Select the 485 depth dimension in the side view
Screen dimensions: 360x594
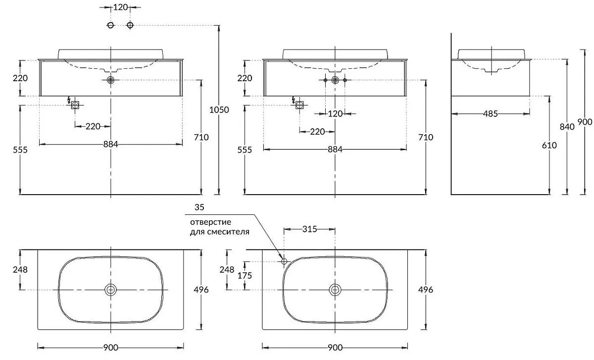[490, 114]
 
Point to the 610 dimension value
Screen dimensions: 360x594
[549, 145]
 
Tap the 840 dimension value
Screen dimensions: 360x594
[567, 127]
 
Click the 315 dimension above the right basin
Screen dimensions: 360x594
[309, 229]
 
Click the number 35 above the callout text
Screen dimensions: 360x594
[199, 206]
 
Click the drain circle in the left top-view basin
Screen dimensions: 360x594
[110, 290]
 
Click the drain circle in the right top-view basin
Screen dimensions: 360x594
[335, 290]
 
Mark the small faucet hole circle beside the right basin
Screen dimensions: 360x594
[284, 261]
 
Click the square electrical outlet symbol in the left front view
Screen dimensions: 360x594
[75, 104]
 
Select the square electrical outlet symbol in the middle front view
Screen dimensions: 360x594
[299, 104]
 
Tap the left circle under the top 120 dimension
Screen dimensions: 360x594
[111, 25]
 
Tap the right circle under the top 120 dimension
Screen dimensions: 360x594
[130, 25]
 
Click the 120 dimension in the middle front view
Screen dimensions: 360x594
[335, 114]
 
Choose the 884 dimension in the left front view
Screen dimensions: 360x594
[111, 144]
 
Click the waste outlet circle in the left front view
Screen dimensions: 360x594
[110, 80]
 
